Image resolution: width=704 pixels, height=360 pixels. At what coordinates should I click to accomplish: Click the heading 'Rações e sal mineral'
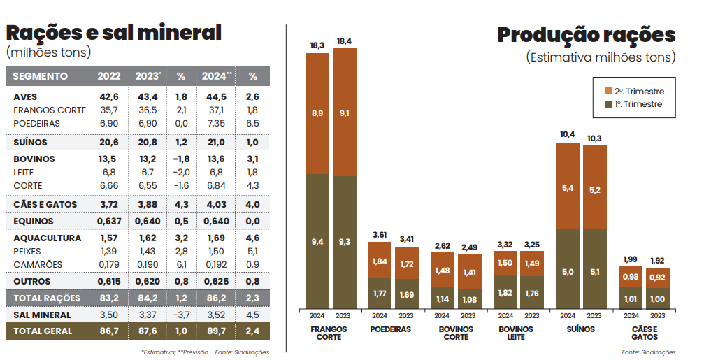pos(113,33)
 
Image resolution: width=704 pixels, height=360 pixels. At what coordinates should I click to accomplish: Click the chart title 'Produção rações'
pos(586,35)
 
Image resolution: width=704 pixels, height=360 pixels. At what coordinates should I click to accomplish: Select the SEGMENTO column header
pos(41,76)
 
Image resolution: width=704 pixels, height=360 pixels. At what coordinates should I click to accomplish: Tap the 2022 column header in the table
pos(108,76)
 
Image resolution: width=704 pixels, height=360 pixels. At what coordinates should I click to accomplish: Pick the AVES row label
pos(25,96)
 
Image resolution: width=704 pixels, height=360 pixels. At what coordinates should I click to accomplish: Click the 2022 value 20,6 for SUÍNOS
pos(108,142)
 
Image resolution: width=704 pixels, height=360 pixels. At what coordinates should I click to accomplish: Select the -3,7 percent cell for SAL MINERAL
pos(180,315)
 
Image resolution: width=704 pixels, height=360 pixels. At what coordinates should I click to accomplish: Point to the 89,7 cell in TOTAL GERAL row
pos(217,331)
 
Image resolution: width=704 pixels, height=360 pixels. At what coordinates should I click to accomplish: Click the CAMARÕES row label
pos(38,264)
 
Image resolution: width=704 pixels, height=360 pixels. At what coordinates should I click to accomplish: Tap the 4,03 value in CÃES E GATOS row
pos(217,204)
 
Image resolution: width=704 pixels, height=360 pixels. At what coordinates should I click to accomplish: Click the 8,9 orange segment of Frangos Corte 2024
pos(317,113)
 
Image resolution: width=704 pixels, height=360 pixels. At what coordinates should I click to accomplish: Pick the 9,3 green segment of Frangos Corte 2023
pos(344,241)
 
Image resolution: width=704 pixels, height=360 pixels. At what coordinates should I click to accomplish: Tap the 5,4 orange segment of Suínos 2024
pos(567,188)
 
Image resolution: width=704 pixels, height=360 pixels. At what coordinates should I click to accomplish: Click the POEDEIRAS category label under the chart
pos(390,329)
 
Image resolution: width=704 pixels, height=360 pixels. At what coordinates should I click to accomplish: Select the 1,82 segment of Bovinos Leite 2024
pos(505,291)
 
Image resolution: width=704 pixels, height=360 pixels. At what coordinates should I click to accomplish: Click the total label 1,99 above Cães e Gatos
pos(631,260)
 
